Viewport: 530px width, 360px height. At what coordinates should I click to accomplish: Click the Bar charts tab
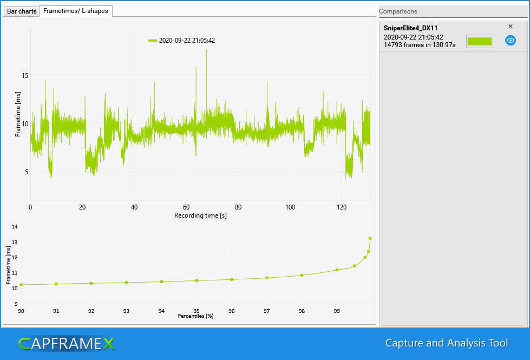point(22,11)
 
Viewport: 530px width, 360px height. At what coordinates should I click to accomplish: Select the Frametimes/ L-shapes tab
point(76,10)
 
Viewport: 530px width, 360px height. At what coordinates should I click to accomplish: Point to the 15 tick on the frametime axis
point(25,76)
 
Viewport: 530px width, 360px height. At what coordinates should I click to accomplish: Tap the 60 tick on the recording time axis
point(186,207)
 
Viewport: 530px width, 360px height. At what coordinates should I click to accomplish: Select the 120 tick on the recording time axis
point(341,207)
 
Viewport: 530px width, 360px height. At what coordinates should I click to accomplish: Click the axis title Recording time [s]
point(200,215)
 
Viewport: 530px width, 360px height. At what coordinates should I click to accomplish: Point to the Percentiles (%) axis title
point(195,316)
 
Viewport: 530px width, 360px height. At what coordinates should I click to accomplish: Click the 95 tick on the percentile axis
point(197,311)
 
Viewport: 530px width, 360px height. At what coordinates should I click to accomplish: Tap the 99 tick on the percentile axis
point(337,311)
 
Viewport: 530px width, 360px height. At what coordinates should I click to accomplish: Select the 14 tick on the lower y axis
point(15,227)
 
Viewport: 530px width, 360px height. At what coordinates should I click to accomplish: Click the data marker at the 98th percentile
point(302,275)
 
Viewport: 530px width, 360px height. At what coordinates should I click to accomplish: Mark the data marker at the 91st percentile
point(56,284)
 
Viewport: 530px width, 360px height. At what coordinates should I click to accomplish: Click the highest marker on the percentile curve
point(370,238)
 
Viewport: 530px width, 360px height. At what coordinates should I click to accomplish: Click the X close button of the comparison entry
point(511,26)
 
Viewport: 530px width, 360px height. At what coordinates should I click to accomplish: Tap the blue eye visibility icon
point(510,40)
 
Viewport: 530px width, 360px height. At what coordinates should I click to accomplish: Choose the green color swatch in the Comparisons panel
point(479,41)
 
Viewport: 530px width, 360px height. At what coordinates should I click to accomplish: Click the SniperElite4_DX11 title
point(410,28)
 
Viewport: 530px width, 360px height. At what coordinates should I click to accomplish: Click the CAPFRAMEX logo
point(67,343)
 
